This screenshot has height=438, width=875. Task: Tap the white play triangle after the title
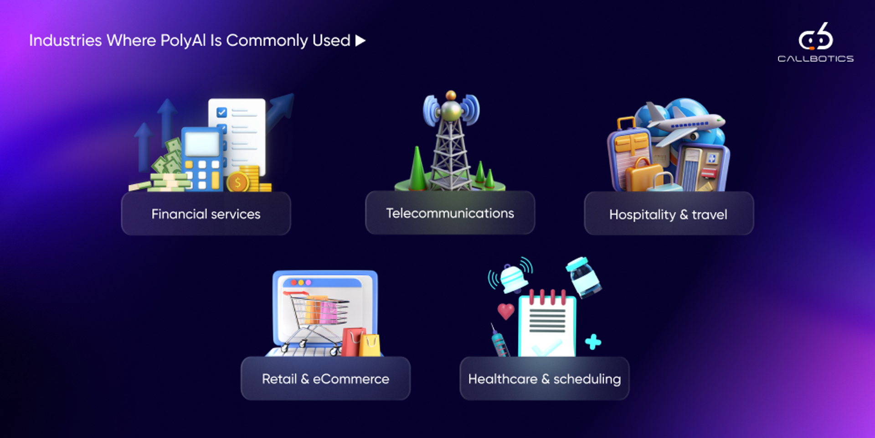pyautogui.click(x=360, y=41)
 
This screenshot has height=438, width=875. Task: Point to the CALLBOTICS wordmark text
pyautogui.click(x=815, y=59)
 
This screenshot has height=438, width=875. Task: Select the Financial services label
pyautogui.click(x=206, y=214)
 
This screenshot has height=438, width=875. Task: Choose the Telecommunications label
pyautogui.click(x=450, y=213)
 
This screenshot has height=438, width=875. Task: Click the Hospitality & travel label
pyautogui.click(x=668, y=214)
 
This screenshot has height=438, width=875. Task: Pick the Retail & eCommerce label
pyautogui.click(x=325, y=379)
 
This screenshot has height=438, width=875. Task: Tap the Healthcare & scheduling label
pyautogui.click(x=544, y=379)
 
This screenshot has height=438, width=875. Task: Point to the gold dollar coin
pyautogui.click(x=237, y=182)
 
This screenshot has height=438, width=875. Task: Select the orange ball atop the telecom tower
pyautogui.click(x=451, y=95)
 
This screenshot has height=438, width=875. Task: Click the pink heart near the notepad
pyautogui.click(x=505, y=311)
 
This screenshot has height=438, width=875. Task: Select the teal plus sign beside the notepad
pyautogui.click(x=593, y=342)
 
